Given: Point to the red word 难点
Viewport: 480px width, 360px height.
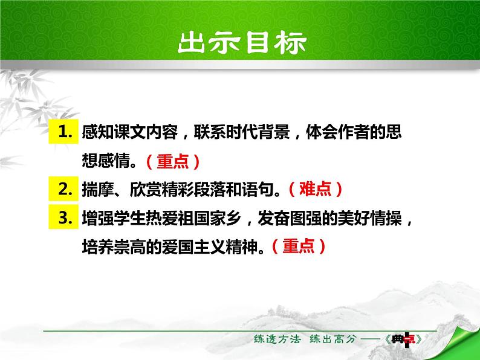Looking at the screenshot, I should (x=316, y=190).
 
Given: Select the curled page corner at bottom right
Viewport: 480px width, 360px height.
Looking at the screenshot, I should (x=462, y=342).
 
